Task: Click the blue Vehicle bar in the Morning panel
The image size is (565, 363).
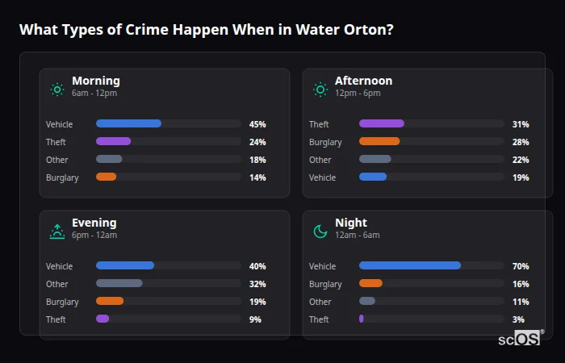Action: [x=128, y=123]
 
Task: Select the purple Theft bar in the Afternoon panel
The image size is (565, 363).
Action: [x=381, y=123]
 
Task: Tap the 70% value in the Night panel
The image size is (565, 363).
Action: [x=521, y=266]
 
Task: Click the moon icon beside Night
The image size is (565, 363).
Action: [x=320, y=232]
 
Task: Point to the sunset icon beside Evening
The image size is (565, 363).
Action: [x=57, y=232]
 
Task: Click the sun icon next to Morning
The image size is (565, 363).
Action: [x=57, y=90]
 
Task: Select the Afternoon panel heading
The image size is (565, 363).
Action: [x=363, y=81]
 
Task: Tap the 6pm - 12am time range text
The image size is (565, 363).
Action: [x=94, y=236]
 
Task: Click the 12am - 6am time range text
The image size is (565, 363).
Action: [x=357, y=236]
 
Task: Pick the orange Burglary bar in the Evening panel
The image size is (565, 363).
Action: [x=110, y=301]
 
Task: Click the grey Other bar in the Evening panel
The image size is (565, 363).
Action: [x=119, y=283]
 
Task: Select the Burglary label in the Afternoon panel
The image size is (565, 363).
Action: [x=325, y=142]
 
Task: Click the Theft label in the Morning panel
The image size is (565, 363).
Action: [x=56, y=142]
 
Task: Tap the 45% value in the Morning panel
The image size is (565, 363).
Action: [x=257, y=124]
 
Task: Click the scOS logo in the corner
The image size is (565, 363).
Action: [x=519, y=338]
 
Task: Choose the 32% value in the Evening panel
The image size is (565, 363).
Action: [x=257, y=284]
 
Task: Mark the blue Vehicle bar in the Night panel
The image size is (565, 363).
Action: [x=409, y=265]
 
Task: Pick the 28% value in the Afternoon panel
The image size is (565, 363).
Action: [x=521, y=142]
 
